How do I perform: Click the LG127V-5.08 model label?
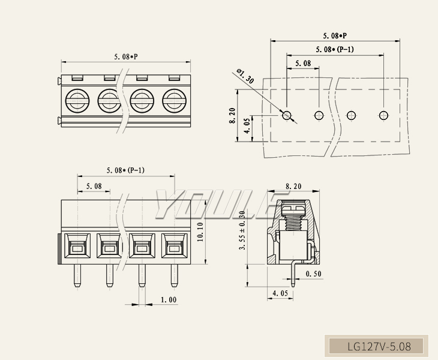(x=379, y=347)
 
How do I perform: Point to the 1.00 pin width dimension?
(x=169, y=299)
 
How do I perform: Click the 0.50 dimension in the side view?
(x=313, y=274)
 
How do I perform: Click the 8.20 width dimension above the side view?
(x=293, y=187)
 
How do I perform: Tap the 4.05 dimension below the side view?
(x=280, y=293)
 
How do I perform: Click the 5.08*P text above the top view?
(x=126, y=57)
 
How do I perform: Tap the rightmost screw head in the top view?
(x=174, y=100)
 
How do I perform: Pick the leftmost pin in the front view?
(x=77, y=275)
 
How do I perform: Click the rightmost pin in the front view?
(x=174, y=275)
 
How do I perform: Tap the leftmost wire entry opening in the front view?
(x=77, y=247)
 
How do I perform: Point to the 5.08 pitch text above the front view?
(x=94, y=186)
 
